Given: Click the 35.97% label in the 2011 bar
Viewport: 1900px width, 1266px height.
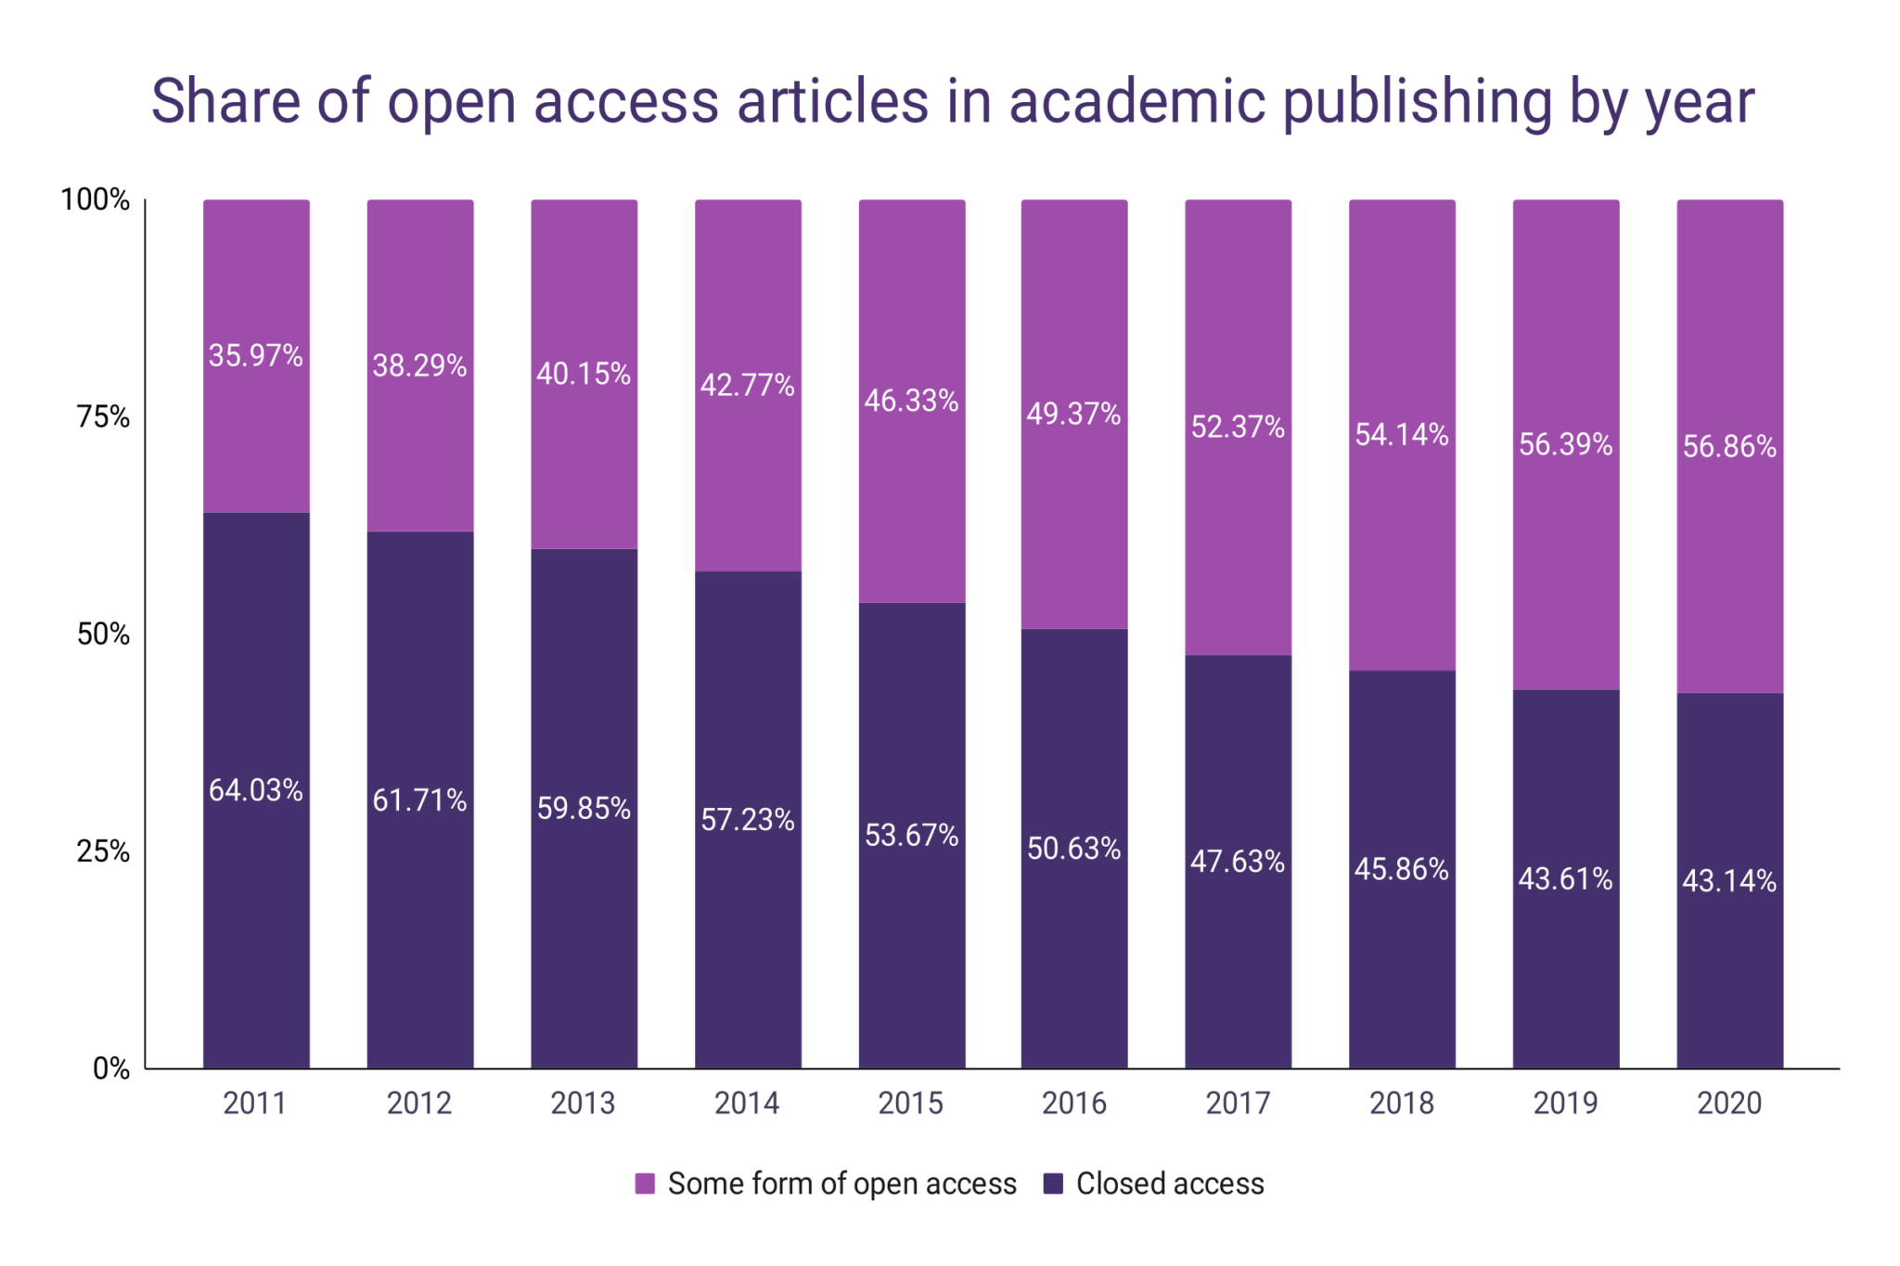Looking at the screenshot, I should coord(255,355).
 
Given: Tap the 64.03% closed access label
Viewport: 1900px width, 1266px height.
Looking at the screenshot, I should coord(255,790).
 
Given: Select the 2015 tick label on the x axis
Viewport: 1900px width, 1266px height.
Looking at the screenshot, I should coord(910,1103).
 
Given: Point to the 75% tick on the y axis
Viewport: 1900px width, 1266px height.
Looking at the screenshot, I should coord(103,416).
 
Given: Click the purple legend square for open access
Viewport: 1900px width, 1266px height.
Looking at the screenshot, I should coord(645,1183).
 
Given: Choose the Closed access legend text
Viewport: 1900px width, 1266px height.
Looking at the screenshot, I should coord(1169,1183).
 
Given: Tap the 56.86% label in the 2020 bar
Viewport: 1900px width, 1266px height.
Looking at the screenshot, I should coord(1729,446).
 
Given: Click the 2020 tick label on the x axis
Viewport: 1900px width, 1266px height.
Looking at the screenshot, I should coord(1729,1103).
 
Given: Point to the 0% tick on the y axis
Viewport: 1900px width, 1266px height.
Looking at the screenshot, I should coord(111,1068).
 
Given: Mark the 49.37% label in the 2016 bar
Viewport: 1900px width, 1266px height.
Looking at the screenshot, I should coord(1073,414).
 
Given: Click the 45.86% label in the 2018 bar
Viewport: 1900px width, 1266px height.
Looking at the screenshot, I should coord(1401,869).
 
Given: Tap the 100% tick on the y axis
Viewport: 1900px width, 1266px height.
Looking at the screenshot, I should coord(95,199).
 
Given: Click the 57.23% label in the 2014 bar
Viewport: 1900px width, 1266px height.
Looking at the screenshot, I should coord(747,820).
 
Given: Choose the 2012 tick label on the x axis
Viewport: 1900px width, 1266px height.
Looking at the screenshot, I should coord(418,1103).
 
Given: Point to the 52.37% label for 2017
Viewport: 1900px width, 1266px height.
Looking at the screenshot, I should coord(1238,427).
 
